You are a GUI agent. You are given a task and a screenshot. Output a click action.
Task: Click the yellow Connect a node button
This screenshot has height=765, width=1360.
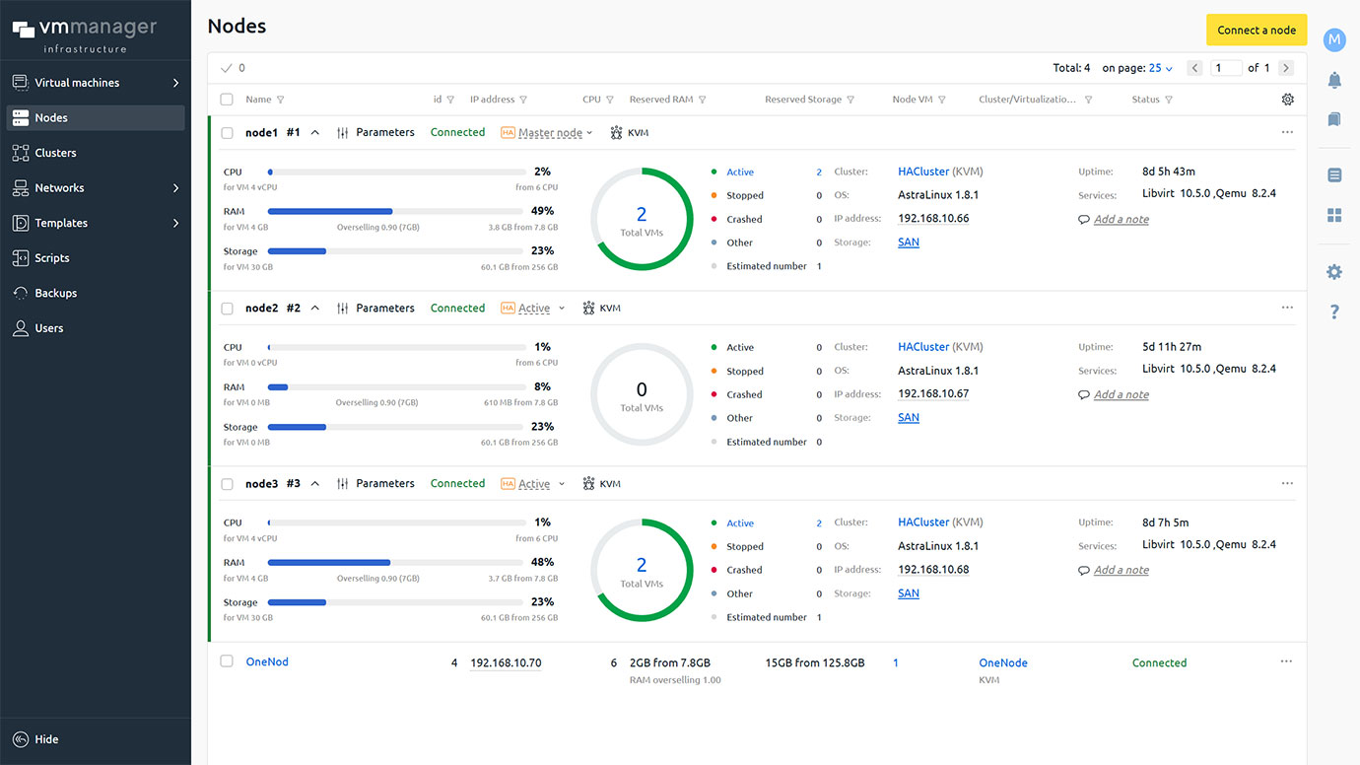[1257, 30]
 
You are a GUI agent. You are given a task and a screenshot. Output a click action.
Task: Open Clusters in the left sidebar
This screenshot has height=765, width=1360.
[55, 153]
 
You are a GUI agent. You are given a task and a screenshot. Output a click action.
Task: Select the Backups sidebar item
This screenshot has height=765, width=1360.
[55, 293]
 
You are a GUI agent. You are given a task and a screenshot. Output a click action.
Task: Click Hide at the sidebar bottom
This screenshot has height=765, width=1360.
[46, 739]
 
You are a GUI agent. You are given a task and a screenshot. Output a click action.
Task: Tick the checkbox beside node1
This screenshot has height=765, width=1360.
[228, 133]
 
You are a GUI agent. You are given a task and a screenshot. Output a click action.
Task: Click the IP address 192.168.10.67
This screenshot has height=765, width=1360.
[933, 394]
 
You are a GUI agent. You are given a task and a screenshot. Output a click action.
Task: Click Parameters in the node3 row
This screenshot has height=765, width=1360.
[384, 484]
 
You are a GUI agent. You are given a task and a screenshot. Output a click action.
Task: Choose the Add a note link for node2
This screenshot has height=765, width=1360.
[1121, 395]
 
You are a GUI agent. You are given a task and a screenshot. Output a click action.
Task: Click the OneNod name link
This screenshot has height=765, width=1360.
[267, 662]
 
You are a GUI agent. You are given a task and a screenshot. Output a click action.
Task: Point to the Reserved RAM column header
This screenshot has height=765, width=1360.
[661, 100]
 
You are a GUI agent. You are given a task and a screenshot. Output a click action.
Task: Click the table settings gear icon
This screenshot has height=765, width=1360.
[1287, 100]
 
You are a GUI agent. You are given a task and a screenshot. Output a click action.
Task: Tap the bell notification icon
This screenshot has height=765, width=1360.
[1334, 80]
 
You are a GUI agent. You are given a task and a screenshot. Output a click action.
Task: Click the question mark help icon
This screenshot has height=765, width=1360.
[1334, 313]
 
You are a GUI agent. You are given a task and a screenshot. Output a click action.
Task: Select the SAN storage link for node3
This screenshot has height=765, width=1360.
[909, 593]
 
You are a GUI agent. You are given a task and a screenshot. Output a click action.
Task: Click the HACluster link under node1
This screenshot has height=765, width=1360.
[923, 172]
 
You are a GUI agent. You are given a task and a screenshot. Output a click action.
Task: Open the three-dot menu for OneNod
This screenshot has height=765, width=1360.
[1286, 661]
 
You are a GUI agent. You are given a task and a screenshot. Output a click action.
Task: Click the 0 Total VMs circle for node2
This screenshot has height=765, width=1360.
[642, 394]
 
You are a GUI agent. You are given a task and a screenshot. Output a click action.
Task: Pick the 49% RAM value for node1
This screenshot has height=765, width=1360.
[542, 211]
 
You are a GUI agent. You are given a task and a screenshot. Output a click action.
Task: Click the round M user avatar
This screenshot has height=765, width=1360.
[1334, 39]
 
